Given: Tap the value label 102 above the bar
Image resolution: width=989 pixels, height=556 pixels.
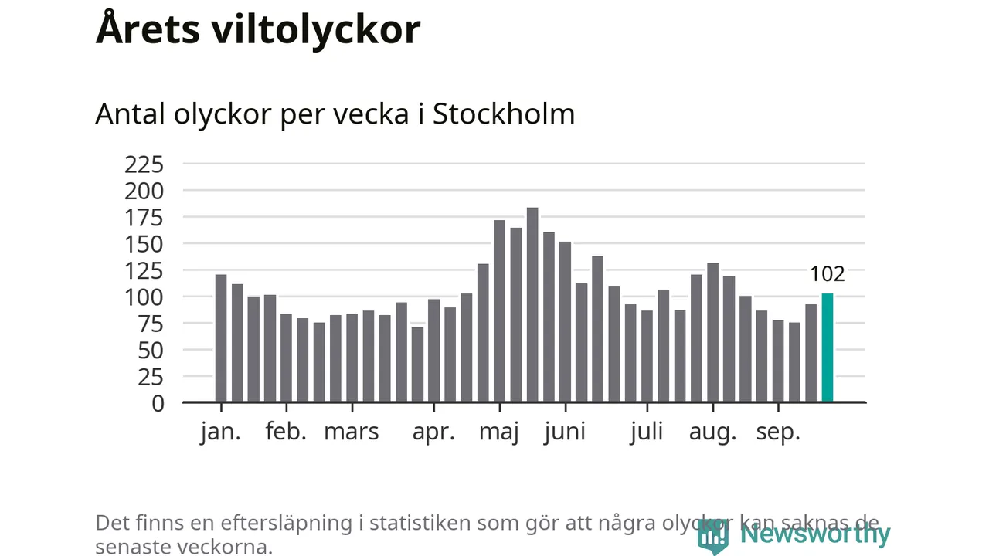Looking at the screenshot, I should [x=827, y=274].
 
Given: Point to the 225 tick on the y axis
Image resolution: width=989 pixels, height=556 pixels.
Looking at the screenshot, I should [x=144, y=164].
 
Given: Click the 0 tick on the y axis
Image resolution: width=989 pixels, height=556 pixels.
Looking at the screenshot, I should [x=158, y=403].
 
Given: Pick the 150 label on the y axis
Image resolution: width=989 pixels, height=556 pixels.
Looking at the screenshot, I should [x=144, y=244].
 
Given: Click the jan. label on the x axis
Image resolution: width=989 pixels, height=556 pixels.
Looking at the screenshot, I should [x=221, y=432].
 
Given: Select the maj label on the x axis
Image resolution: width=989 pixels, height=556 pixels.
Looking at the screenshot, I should [x=499, y=432].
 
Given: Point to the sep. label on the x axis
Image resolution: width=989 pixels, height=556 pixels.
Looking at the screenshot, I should [x=777, y=432].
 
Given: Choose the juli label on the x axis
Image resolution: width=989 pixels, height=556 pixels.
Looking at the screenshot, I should [x=647, y=432].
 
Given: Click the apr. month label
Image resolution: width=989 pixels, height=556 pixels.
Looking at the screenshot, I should [x=433, y=432].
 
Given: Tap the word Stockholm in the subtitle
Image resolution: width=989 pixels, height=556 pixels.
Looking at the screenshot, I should [x=504, y=114].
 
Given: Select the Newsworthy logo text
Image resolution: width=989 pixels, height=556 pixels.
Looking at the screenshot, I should [x=814, y=534].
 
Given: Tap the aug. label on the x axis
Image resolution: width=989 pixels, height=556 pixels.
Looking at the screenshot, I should [x=712, y=432].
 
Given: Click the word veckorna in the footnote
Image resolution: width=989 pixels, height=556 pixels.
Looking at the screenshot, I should [x=227, y=547].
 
